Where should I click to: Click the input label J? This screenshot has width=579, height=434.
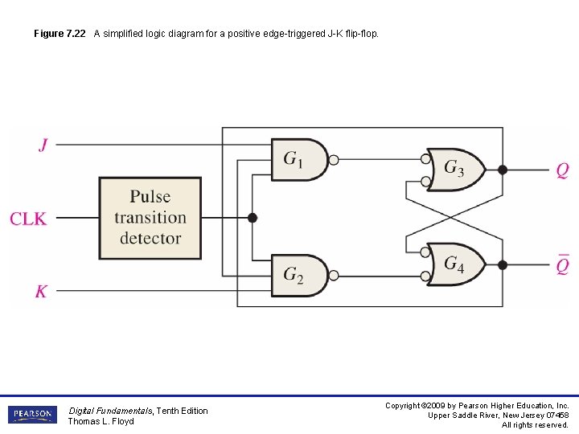pos(43,145)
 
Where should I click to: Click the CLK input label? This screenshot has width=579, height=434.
pos(28,218)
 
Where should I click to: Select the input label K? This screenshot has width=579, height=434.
pos(41,291)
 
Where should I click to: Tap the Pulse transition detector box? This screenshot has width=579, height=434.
pos(150,217)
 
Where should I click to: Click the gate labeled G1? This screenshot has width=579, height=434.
pos(298,160)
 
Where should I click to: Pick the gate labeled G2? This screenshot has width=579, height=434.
pos(298,276)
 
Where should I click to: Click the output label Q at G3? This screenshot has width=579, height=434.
pos(562,170)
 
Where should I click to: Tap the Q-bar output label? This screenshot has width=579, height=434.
pos(562,264)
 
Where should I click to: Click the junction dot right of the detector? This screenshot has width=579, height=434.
pos(252,217)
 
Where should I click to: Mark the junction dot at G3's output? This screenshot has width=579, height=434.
pos(503,170)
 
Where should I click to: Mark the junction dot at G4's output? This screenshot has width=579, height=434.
pos(503,264)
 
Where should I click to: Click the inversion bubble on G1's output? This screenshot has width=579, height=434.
pos(335,160)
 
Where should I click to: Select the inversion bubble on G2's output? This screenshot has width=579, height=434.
pos(335,276)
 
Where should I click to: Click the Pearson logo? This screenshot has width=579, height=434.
pos(32,415)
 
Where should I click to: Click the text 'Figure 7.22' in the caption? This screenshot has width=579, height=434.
pos(60,34)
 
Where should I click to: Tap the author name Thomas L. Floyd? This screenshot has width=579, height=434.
pos(101,421)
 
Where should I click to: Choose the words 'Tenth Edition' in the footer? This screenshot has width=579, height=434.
pos(182,411)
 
